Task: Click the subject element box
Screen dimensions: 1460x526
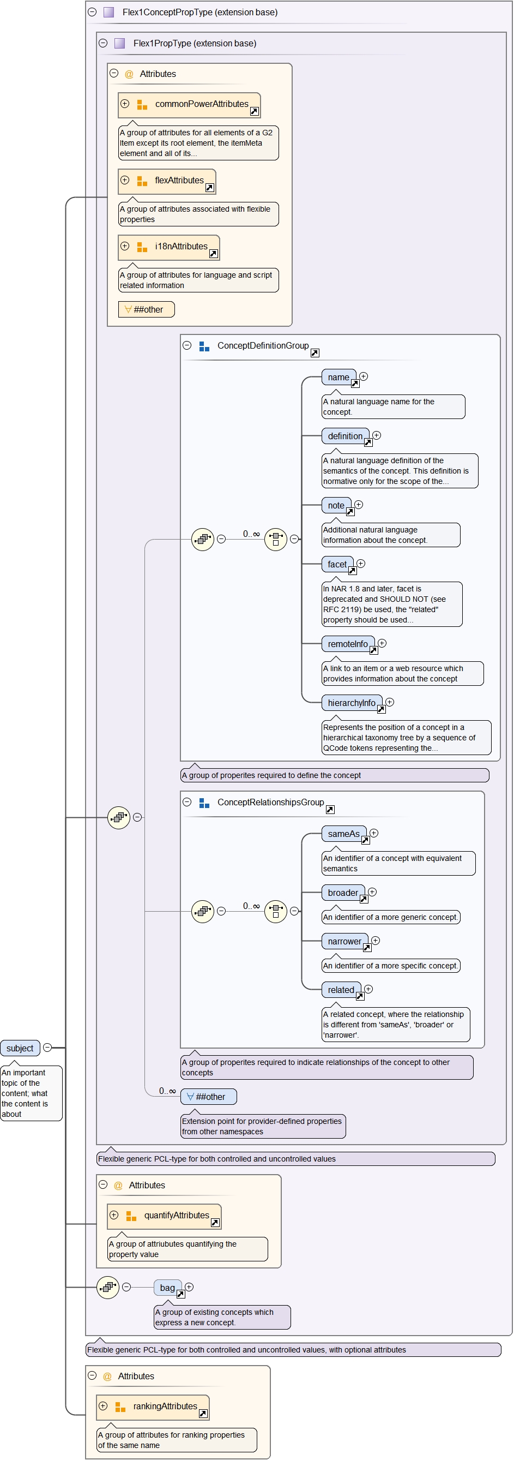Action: point(20,1048)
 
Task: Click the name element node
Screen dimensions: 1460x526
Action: point(338,378)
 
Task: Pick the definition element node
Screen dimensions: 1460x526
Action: point(345,436)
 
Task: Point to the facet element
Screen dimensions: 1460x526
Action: point(337,565)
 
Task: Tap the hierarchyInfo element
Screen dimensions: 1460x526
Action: point(351,703)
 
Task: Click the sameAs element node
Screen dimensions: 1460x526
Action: point(343,834)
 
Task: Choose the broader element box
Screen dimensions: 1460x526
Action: point(342,893)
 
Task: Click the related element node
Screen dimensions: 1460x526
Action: point(341,990)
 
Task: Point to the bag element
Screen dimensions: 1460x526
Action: point(167,1288)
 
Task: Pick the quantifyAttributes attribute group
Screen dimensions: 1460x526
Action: point(176,1216)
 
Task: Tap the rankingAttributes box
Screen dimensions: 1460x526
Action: point(165,1407)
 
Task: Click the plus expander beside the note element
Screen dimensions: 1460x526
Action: point(359,505)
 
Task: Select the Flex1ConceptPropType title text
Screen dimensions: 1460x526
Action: point(200,13)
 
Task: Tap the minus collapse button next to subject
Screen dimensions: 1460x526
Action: point(47,1048)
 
